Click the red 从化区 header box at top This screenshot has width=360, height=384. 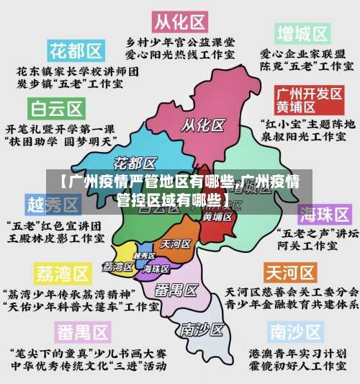pyautogui.click(x=179, y=19)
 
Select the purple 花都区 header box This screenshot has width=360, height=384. pyautogui.click(x=75, y=51)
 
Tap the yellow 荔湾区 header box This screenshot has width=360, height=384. pyautogui.click(x=62, y=274)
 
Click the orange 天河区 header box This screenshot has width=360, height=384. pyautogui.click(x=291, y=273)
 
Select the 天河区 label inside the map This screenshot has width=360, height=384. pyautogui.click(x=176, y=244)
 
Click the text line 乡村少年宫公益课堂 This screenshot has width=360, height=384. pyautogui.click(x=179, y=41)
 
